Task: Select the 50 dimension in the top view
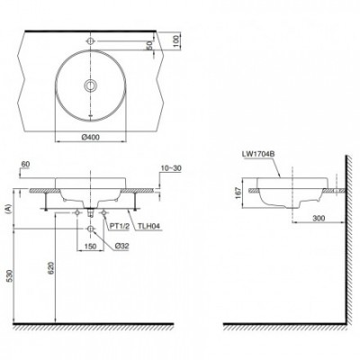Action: tap(149, 46)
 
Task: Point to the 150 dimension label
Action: tap(91, 245)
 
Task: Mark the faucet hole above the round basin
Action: tap(91, 41)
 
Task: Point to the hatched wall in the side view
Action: tap(346, 243)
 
